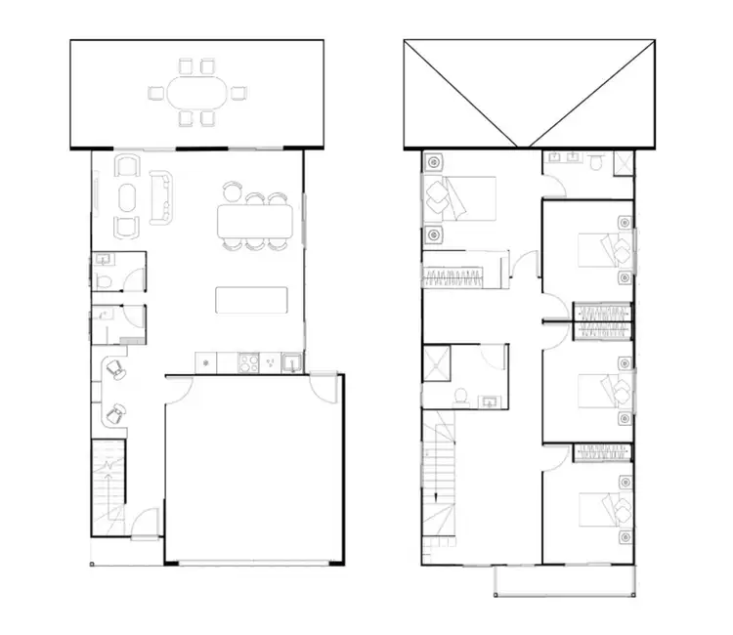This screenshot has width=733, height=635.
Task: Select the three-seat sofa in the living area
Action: [x=163, y=195]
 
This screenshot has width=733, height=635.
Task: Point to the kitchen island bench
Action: [x=252, y=299]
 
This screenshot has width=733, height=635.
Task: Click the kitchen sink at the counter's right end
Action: [x=290, y=363]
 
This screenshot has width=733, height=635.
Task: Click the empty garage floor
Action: [x=254, y=469]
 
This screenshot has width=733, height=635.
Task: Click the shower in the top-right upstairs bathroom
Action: [x=623, y=162]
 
